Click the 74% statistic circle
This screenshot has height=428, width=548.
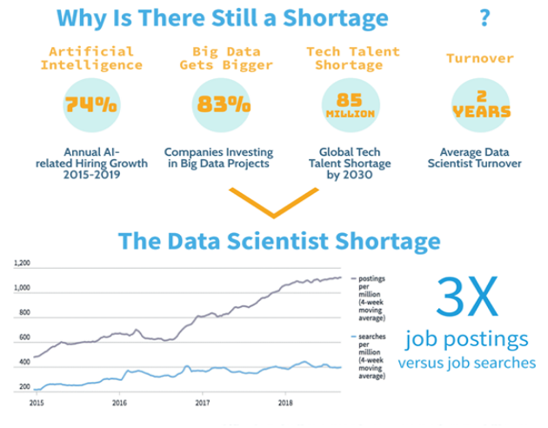point(91,105)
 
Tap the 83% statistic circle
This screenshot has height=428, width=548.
point(221,105)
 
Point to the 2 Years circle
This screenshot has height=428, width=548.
point(480,105)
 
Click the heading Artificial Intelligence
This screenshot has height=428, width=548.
point(91,58)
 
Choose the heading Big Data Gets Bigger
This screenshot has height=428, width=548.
point(221,58)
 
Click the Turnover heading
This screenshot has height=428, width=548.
point(480,58)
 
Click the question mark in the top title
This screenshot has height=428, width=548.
point(484,18)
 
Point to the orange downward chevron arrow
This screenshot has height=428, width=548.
point(273,205)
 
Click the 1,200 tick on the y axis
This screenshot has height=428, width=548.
point(22,262)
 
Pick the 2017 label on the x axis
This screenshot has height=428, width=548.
point(203,403)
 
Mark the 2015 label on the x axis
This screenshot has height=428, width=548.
point(37,403)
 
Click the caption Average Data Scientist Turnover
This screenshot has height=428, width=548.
point(480,157)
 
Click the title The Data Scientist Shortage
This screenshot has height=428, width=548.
point(278,239)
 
